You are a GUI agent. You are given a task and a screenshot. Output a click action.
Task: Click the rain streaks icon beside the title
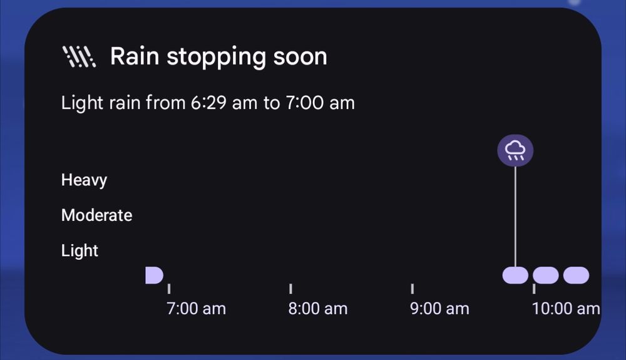point(79,57)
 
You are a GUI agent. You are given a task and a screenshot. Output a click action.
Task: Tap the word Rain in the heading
point(135,56)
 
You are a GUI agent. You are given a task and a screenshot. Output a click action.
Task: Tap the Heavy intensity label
point(85,180)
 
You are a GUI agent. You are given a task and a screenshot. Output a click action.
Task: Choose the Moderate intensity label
point(96,215)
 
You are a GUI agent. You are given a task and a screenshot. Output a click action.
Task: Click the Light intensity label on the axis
point(80,251)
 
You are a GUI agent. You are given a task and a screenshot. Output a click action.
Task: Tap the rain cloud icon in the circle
point(515,150)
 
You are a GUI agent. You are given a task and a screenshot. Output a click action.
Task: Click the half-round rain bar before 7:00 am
point(154,275)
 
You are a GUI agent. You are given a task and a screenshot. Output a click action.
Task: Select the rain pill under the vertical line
point(515,275)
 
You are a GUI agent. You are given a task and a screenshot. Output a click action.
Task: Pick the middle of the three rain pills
point(546,275)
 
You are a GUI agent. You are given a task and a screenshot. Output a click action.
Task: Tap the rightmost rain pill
point(576,275)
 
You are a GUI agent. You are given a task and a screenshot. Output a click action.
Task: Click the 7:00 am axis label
point(197,309)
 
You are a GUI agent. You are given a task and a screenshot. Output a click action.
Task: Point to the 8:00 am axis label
point(318,309)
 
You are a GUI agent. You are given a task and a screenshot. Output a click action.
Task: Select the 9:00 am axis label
point(439,309)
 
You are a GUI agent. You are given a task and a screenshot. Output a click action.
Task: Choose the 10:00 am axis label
point(566,309)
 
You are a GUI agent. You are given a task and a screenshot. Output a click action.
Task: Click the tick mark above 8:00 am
point(290,289)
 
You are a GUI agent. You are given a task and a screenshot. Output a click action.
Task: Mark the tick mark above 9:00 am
point(413,289)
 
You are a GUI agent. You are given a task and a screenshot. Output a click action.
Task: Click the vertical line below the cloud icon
point(515,217)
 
